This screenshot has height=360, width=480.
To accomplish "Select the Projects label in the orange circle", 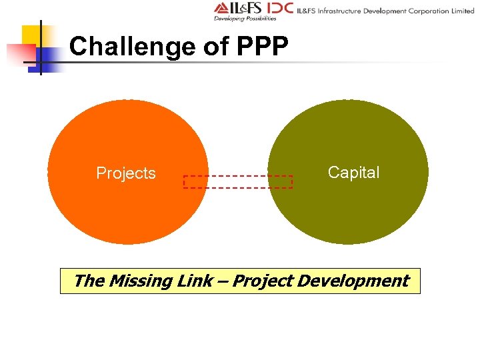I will pos(126,173).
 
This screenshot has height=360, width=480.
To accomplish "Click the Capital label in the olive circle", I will pos(354,173).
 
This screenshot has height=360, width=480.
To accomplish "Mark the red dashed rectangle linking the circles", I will pos(238,181).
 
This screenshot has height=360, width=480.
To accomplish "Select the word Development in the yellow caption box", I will pos(353,281).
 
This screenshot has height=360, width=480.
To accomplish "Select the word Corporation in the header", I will pos(427,11).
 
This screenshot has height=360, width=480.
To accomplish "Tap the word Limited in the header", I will pos(461,11).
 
